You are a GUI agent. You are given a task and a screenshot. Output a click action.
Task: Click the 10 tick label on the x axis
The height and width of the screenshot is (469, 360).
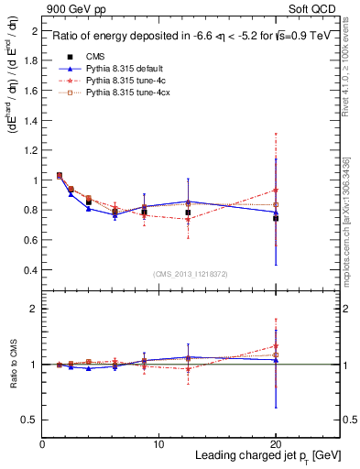[158, 444]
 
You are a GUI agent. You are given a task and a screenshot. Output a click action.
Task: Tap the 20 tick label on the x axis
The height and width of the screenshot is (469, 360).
[275, 444]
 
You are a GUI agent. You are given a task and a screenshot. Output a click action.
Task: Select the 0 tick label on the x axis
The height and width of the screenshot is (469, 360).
[42, 444]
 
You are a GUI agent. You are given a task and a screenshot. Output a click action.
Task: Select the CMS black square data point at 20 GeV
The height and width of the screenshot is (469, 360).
[276, 218]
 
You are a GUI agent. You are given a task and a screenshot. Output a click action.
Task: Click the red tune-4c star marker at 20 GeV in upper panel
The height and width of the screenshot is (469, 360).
[276, 190]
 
